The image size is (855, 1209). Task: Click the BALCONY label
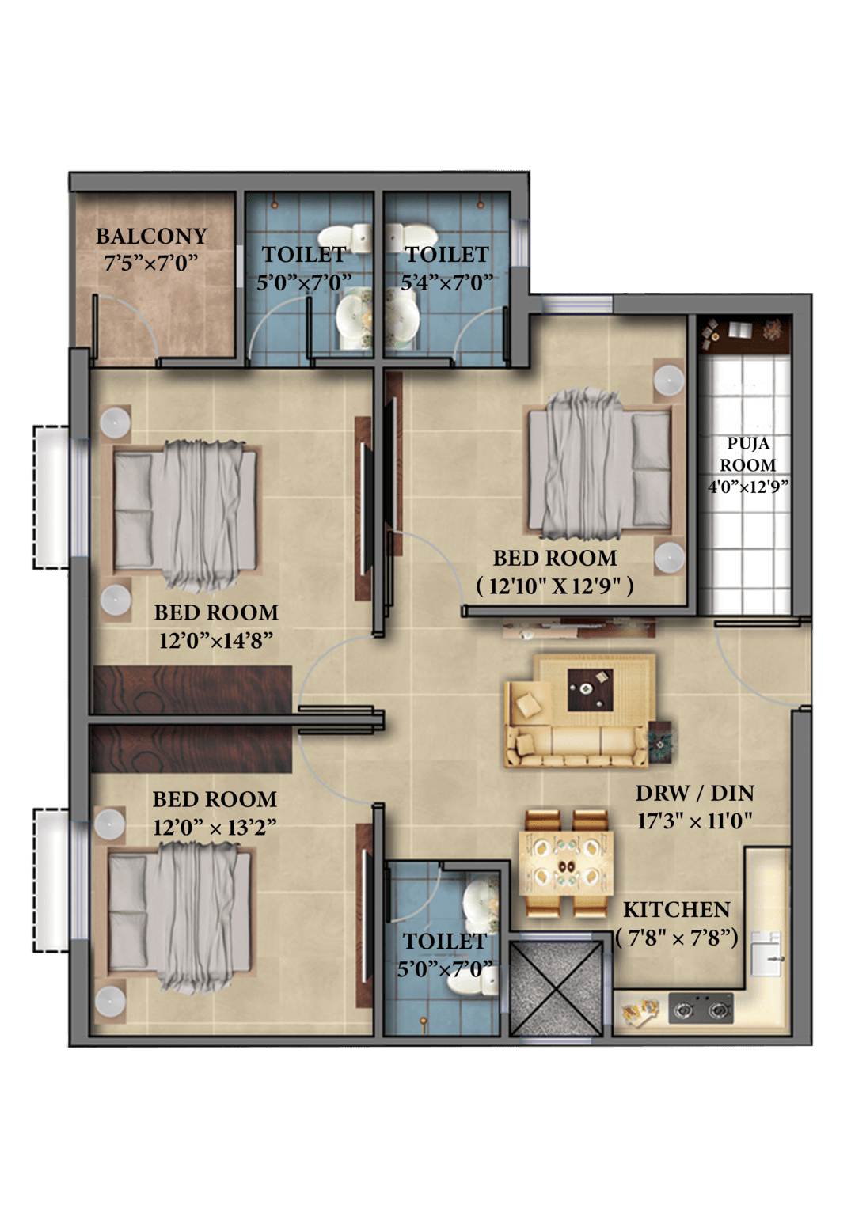tap(152, 237)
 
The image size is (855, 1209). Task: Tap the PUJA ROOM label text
tap(748, 454)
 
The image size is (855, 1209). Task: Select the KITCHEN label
tap(677, 910)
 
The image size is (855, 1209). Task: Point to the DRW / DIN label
tap(695, 794)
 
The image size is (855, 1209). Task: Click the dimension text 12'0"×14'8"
tap(216, 641)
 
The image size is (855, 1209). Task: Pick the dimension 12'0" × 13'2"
tap(215, 828)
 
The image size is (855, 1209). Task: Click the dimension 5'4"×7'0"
tap(447, 282)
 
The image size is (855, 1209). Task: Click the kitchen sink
tap(767, 953)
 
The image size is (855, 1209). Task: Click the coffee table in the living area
tap(590, 689)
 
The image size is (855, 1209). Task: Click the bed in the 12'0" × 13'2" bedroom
tap(180, 919)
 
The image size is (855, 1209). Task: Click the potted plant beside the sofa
tap(660, 743)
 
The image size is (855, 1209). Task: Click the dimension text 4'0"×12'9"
tap(749, 487)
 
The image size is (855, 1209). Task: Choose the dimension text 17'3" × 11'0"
tap(695, 821)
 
